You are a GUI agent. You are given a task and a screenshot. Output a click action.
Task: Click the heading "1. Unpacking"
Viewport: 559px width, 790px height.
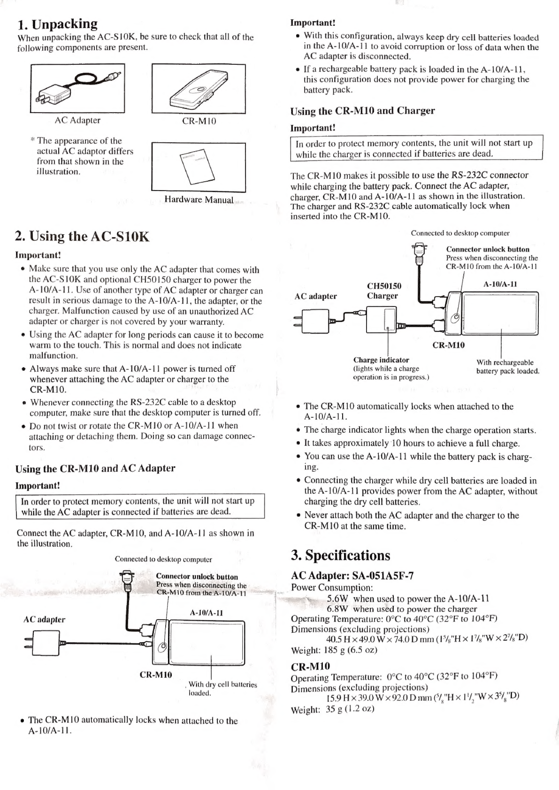tap(57, 24)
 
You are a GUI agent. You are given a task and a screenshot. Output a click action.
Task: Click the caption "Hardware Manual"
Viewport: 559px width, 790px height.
tap(199, 199)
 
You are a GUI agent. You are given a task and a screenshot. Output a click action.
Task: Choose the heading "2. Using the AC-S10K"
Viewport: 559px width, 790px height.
tap(82, 236)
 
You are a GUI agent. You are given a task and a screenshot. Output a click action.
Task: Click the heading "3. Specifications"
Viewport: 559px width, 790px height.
tap(341, 555)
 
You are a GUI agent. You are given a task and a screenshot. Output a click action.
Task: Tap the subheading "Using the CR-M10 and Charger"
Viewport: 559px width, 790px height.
tap(362, 111)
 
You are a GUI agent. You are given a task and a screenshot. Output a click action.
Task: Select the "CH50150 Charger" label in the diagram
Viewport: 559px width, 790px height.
tap(384, 291)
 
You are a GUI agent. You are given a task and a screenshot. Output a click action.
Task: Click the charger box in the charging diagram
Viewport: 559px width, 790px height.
tap(381, 320)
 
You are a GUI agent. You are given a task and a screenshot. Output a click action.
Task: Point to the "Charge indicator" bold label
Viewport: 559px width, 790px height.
tap(381, 360)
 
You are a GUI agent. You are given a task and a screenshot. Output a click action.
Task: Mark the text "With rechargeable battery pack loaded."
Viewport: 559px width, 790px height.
tap(508, 367)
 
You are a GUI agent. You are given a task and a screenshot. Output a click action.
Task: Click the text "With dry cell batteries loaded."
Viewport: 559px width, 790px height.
tap(222, 689)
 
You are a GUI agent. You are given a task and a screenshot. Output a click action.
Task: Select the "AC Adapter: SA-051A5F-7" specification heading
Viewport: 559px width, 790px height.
tap(352, 575)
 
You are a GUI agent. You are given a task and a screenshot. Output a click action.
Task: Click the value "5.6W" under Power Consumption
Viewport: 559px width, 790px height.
tap(337, 598)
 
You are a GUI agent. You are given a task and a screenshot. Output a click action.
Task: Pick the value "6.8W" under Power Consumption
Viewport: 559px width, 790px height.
tap(337, 609)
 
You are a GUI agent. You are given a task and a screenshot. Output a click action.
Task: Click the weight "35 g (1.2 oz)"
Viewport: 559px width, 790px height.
tap(350, 708)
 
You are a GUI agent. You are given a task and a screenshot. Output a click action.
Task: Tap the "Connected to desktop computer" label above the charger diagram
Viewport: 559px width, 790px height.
tap(460, 233)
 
